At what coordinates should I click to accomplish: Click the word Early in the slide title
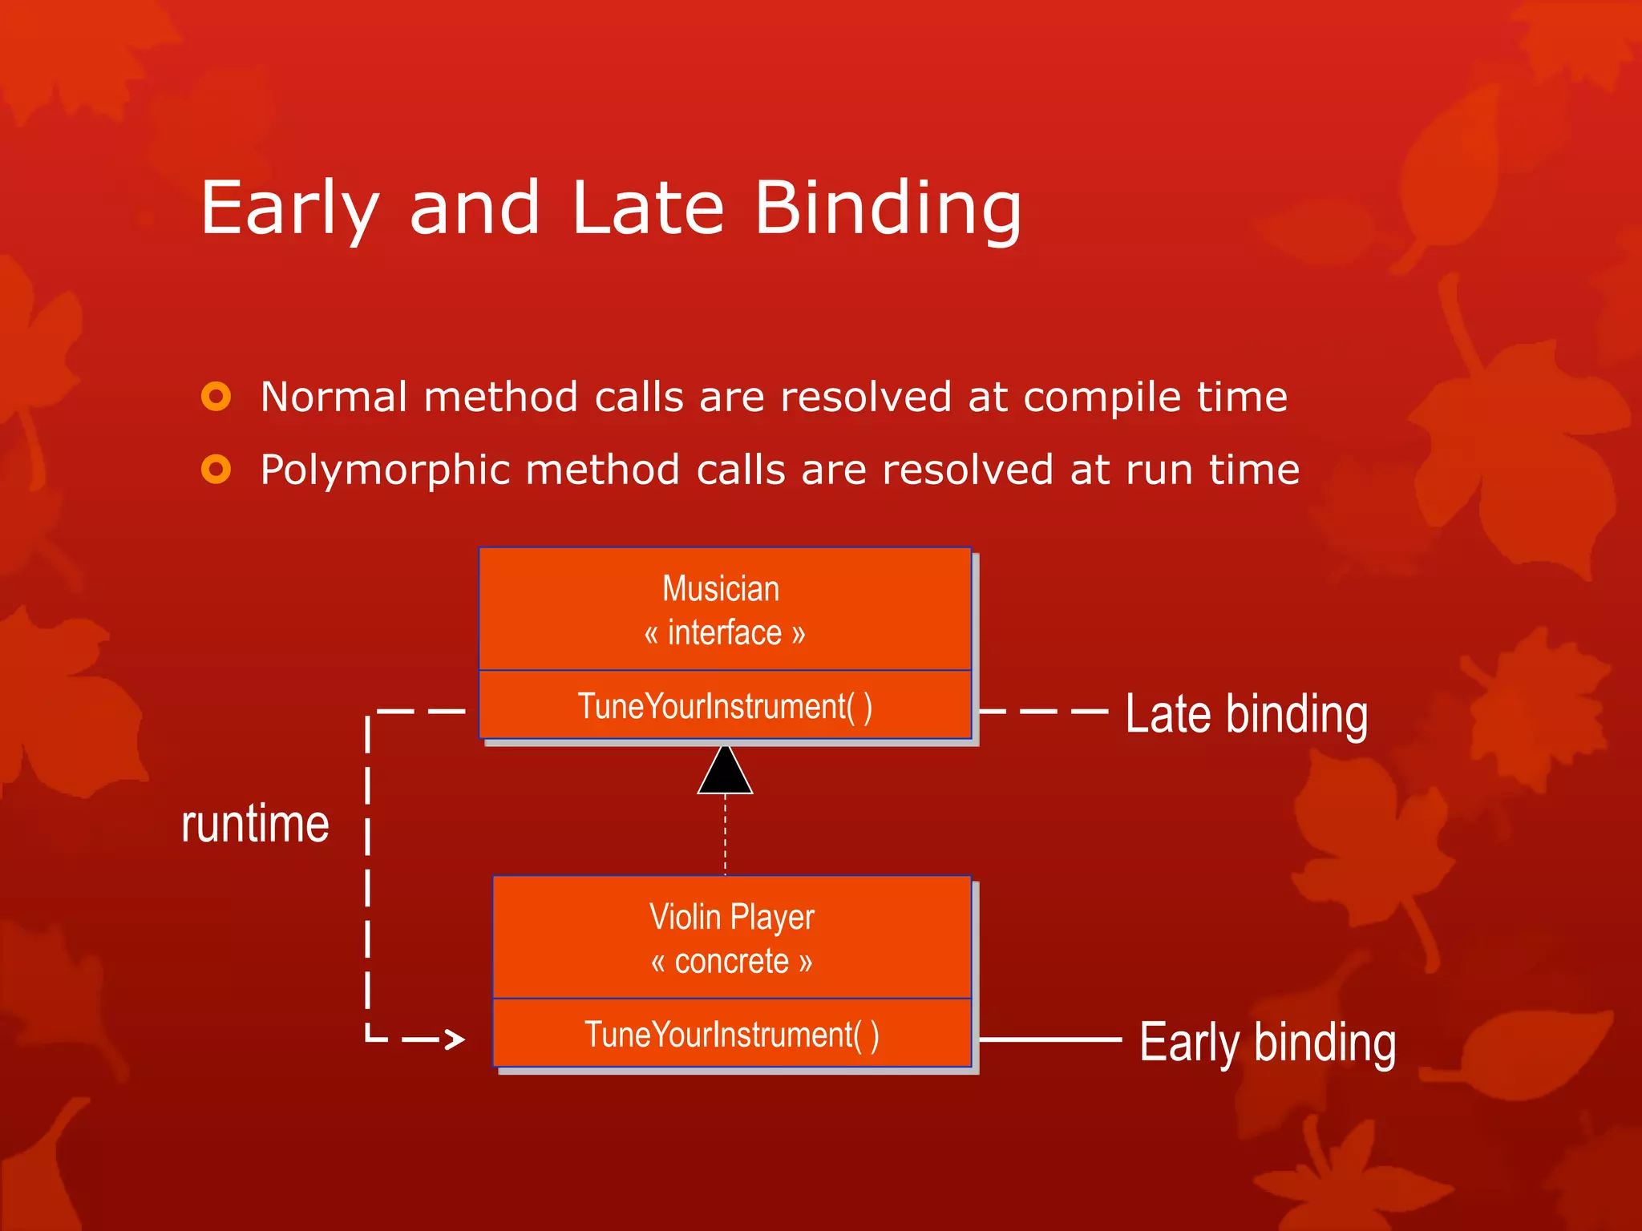click(289, 208)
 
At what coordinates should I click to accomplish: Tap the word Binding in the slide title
click(888, 208)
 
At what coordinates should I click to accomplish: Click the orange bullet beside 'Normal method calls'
click(216, 396)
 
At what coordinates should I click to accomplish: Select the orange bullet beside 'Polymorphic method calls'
click(216, 469)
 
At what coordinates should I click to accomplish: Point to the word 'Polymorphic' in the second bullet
click(386, 470)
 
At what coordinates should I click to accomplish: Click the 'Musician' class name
click(721, 589)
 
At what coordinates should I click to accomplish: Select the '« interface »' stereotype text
click(724, 633)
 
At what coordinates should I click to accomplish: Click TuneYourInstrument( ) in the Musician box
click(725, 706)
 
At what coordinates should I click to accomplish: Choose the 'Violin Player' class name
click(731, 917)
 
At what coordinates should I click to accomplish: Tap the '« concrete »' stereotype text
click(731, 961)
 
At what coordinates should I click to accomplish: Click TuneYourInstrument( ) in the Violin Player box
click(731, 1034)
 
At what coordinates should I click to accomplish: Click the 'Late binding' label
click(1246, 714)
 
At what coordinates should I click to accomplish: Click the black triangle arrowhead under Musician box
click(725, 772)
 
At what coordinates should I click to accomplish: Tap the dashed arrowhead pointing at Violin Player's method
click(455, 1039)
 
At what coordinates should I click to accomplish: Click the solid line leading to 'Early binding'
click(1050, 1039)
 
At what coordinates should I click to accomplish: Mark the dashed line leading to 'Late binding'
click(1044, 711)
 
